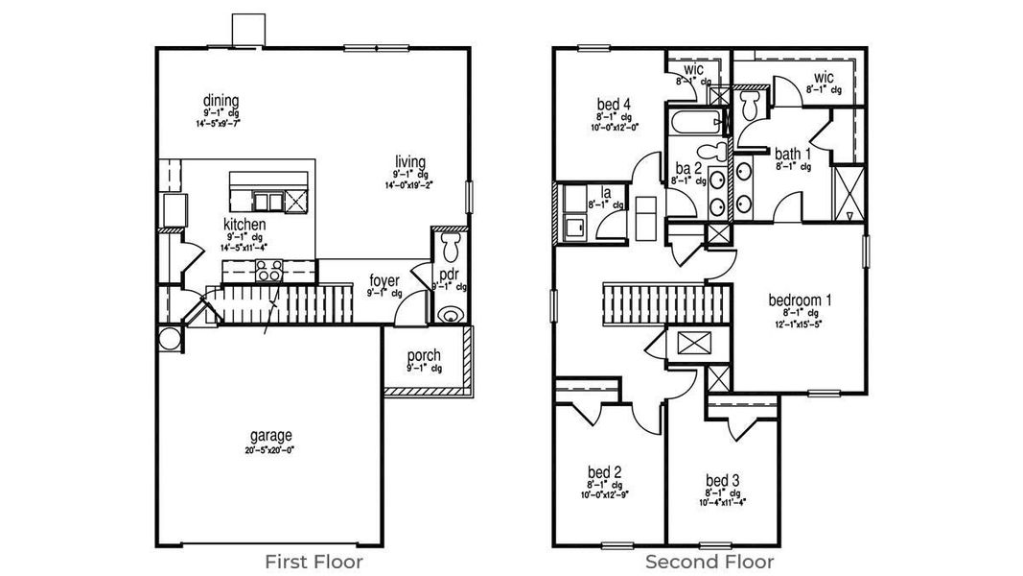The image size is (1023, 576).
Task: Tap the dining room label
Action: (x=221, y=101)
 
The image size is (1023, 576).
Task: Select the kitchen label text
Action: (x=244, y=224)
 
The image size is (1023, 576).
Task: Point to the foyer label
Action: (x=384, y=281)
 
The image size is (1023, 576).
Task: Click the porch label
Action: (x=424, y=356)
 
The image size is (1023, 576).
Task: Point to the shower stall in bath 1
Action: (x=847, y=194)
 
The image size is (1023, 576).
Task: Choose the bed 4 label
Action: (x=614, y=104)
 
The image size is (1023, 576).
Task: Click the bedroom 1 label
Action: (x=800, y=300)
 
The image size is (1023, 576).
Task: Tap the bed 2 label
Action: (x=605, y=471)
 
